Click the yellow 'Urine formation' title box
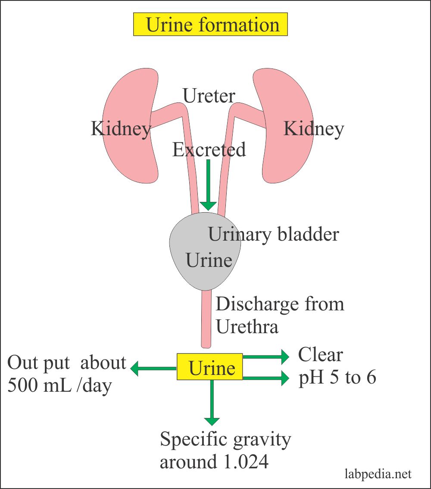point(210,24)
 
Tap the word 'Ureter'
point(209,96)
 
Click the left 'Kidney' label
point(121,129)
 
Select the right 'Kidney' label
point(313,129)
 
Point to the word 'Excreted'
point(209,150)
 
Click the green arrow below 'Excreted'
point(209,185)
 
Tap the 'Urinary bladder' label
point(273,235)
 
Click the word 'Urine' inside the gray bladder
point(209,260)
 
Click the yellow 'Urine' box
point(210,367)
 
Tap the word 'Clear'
point(320,355)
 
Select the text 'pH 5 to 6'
point(337,378)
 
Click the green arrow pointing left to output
point(153,368)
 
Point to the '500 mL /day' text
point(59,385)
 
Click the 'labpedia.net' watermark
point(378,474)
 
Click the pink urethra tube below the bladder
point(206,319)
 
